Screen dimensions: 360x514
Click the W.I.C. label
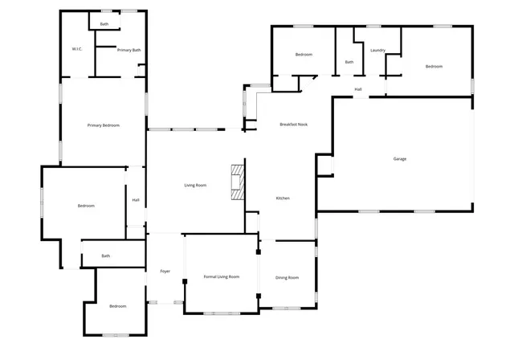pos(77,49)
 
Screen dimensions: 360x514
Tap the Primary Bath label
pos(128,50)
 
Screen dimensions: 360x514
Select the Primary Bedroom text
pos(104,125)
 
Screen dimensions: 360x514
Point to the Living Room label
pos(195,186)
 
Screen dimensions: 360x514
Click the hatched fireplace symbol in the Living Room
pos(237,182)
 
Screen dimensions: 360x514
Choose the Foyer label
pos(165,271)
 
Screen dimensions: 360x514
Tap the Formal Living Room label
pos(222,277)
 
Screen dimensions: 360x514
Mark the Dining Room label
pos(288,277)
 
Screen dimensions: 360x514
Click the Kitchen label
pos(283,198)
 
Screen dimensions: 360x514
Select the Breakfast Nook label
pos(294,125)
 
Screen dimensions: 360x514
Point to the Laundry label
pos(377,50)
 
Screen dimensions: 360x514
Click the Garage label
pos(399,158)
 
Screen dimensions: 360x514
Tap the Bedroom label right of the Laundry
pos(434,66)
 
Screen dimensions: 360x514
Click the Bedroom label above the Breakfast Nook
pos(304,54)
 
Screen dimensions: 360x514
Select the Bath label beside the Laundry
pos(349,62)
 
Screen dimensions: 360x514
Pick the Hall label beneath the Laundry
pos(358,89)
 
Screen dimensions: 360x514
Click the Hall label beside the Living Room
pos(136,199)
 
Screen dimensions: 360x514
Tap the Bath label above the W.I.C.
pos(104,24)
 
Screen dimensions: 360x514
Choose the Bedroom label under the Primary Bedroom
pos(86,206)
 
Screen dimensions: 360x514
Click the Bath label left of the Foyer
pos(106,256)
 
